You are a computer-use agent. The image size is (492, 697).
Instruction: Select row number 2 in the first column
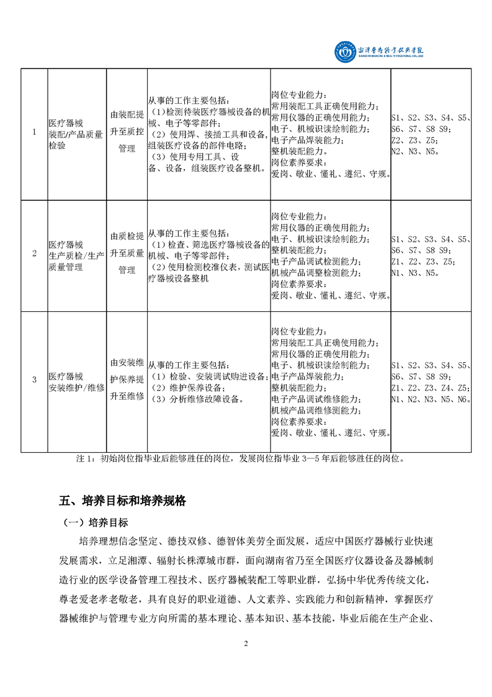point(34,253)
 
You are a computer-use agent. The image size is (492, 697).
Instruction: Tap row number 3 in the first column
point(34,379)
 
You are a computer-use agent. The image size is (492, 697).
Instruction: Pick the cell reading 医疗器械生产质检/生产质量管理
point(76,253)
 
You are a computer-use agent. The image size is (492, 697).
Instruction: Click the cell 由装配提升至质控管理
point(127,132)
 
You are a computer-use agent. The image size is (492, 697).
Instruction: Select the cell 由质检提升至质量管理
point(127,253)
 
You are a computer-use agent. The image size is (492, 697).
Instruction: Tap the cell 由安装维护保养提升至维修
point(127,379)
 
